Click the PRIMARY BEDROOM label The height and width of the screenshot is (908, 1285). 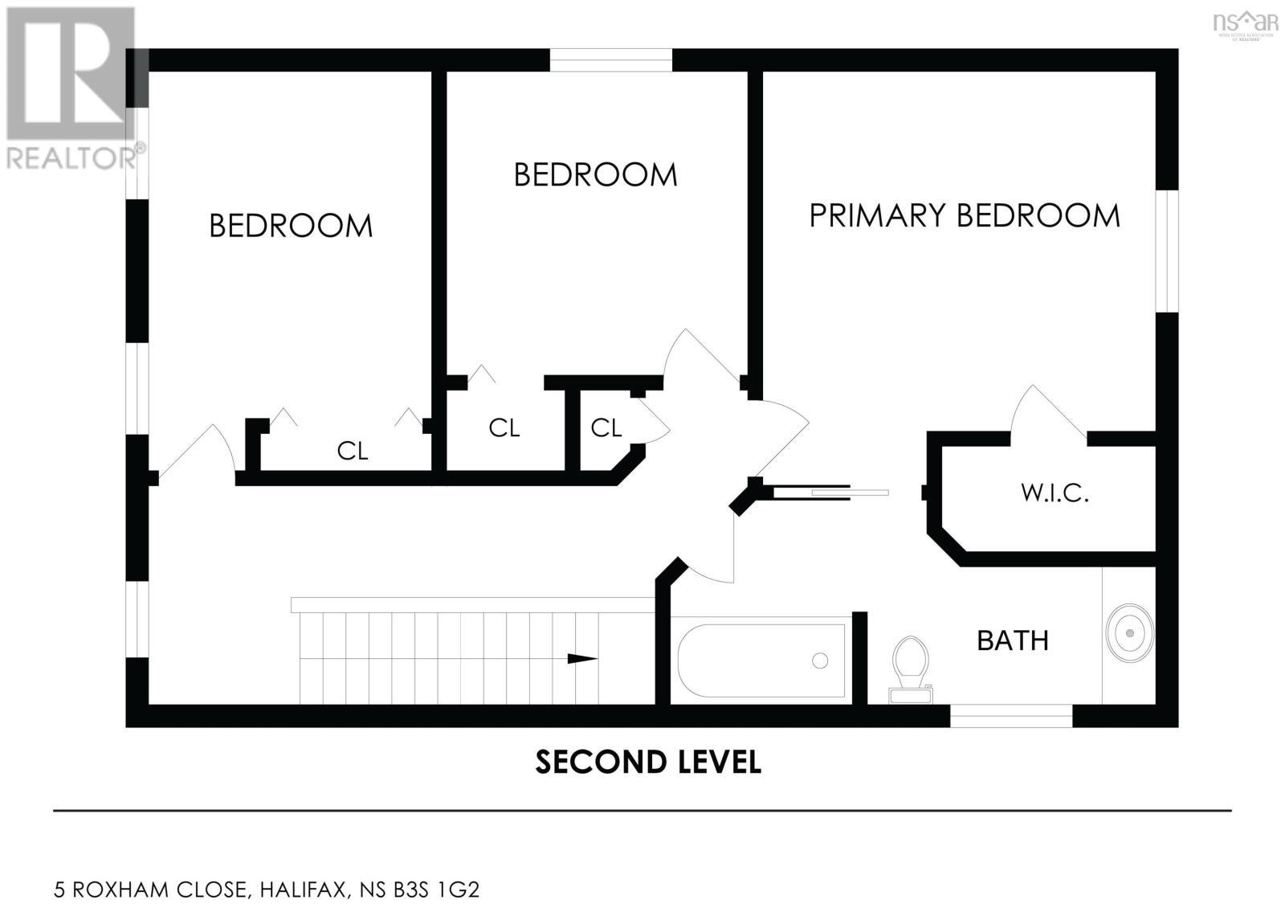tap(964, 215)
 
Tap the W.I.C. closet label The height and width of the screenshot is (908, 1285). tap(1055, 493)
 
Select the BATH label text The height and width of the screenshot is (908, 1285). tap(1013, 640)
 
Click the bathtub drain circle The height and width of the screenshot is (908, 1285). tap(820, 661)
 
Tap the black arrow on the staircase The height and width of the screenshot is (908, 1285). tap(582, 659)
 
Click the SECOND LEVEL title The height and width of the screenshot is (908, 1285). tap(647, 762)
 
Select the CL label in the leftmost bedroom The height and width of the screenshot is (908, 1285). tap(352, 451)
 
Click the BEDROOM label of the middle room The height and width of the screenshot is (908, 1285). tap(595, 174)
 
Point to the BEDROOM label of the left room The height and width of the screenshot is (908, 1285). tap(291, 226)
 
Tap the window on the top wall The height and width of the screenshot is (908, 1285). tap(610, 59)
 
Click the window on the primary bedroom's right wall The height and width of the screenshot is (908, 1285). tap(1166, 251)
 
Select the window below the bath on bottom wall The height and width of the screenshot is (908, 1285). tap(1010, 715)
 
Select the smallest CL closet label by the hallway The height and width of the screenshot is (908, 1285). tap(606, 428)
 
